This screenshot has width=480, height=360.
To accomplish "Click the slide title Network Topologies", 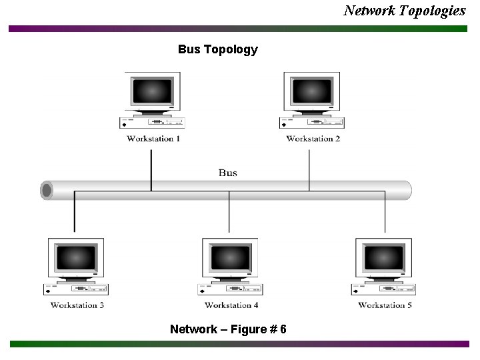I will click(x=404, y=10).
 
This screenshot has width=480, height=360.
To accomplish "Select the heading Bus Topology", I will click(x=217, y=49).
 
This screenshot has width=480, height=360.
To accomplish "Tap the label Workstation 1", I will click(x=153, y=139).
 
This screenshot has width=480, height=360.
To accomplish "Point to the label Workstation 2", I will click(x=313, y=139).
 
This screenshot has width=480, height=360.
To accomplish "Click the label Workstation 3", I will click(x=77, y=305).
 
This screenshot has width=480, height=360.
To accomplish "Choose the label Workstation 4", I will click(x=231, y=305).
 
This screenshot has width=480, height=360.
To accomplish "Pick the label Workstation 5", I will click(x=385, y=305).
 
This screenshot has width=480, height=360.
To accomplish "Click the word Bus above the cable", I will click(x=227, y=173).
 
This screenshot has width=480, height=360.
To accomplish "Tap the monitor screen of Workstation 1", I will click(x=152, y=91).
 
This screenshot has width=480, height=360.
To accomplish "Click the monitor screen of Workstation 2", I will click(x=312, y=91).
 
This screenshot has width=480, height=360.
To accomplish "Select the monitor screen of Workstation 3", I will click(x=76, y=257).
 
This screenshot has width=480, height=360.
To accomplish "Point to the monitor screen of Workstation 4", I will click(x=230, y=257).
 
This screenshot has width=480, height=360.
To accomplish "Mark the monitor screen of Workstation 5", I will click(x=384, y=257).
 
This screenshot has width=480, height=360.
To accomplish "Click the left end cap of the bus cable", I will click(x=47, y=191).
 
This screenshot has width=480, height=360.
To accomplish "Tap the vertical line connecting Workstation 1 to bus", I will click(x=151, y=170).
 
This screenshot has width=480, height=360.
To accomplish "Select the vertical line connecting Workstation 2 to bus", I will click(x=309, y=170).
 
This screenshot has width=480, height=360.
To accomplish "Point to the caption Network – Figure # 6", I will click(x=228, y=329).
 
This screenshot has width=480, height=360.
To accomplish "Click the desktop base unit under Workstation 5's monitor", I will click(x=384, y=289).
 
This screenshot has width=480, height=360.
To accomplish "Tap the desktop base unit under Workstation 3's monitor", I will click(x=76, y=289).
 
